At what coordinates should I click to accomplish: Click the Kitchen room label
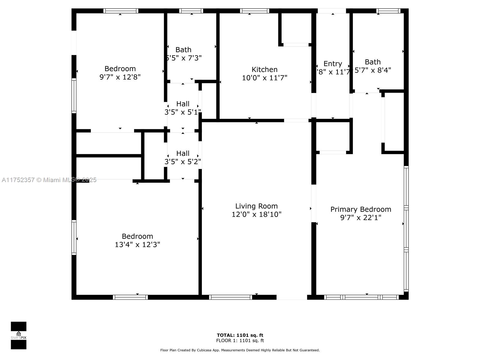264,70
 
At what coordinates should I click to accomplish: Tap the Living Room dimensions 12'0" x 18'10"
256,214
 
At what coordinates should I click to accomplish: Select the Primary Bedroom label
361,209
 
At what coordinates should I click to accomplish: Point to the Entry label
333,64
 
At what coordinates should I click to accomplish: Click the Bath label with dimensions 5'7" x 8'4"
373,62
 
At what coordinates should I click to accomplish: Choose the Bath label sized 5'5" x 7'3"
183,50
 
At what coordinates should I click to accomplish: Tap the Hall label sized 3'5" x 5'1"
183,104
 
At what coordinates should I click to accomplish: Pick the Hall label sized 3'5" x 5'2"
183,153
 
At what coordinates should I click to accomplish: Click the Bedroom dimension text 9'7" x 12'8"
120,77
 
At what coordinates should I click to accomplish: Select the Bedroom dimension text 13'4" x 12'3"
137,244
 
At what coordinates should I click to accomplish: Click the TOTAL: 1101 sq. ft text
240,335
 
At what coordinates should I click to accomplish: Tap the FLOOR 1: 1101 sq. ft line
240,340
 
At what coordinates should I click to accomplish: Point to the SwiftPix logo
19,335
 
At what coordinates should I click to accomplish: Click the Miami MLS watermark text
49,180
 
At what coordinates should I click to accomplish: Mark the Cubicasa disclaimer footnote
240,350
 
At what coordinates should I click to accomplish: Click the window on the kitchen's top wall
254,11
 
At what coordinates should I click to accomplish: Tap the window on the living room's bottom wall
230,297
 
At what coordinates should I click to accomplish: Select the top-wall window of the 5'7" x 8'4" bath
388,11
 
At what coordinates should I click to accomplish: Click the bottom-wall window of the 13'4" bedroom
130,297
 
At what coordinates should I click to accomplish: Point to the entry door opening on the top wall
332,11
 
